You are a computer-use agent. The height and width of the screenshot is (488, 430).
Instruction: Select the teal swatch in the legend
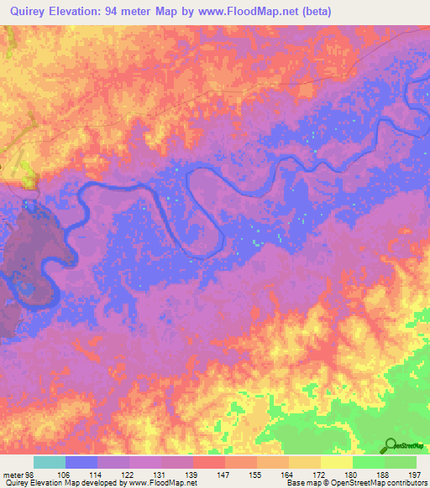[50, 462]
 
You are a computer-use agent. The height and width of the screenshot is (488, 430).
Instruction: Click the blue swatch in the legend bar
[81, 462]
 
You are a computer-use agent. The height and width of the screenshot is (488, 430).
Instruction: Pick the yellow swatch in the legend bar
[337, 462]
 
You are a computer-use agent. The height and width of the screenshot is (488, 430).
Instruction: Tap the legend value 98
[31, 474]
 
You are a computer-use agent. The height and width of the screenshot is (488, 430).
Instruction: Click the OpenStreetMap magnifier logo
[390, 446]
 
